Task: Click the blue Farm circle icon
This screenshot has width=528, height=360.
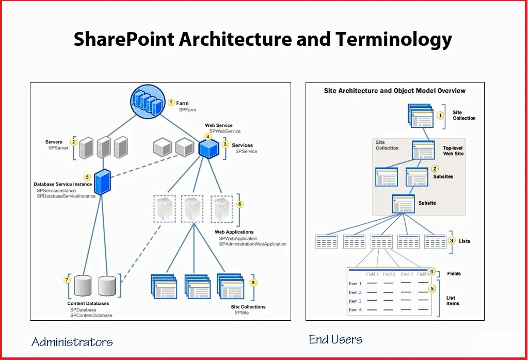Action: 149,103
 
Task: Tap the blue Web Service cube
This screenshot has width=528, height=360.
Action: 209,149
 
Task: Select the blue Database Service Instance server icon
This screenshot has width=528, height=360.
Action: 103,182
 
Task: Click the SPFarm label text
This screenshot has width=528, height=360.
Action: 187,110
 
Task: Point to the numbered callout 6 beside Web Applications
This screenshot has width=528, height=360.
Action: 239,204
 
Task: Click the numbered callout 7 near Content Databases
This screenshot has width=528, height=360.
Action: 67,280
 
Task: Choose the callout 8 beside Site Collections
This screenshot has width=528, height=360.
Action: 253,283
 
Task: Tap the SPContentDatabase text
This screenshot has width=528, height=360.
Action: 91,315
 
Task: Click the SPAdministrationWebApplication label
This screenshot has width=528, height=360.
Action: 252,244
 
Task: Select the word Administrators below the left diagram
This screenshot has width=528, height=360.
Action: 72,342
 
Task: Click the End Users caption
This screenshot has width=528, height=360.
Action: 335,339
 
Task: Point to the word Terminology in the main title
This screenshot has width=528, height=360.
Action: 393,40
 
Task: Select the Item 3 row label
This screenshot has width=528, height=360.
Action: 355,301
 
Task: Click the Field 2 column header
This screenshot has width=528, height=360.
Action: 389,274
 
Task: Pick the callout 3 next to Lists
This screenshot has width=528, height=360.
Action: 452,240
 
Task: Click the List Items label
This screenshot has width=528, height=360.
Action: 453,301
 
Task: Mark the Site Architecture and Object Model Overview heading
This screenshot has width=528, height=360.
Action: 394,91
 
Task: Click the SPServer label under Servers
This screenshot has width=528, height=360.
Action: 58,148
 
